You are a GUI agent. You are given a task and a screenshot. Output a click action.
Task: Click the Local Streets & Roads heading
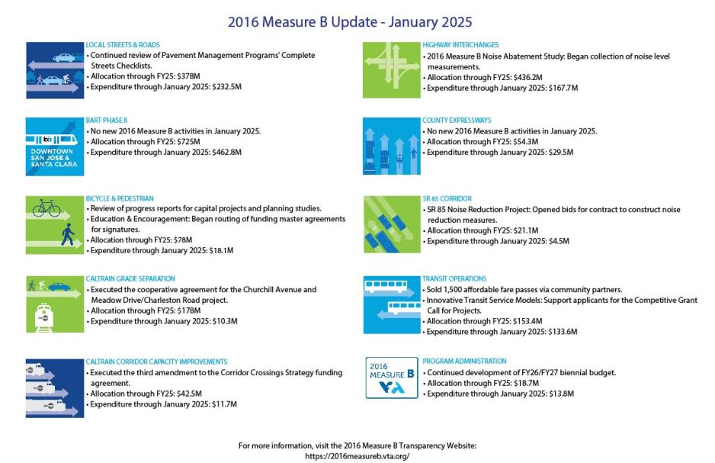[123, 45]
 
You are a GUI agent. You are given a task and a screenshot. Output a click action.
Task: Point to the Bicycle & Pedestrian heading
[120, 198]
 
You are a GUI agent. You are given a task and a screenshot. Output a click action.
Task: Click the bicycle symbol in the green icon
[46, 207]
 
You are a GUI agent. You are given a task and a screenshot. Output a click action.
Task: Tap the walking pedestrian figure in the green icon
[67, 233]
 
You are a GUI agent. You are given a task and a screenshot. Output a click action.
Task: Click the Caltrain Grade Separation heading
[130, 279]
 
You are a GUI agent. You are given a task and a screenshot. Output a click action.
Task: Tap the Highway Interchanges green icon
[390, 70]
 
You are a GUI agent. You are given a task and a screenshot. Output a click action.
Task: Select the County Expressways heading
[457, 121]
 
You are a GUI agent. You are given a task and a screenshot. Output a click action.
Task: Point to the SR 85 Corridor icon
[390, 224]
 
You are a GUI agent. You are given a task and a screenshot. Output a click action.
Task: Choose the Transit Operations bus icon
[390, 304]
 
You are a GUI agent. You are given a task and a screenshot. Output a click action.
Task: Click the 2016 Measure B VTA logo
[391, 378]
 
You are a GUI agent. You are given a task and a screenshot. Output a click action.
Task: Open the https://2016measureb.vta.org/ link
[357, 455]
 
